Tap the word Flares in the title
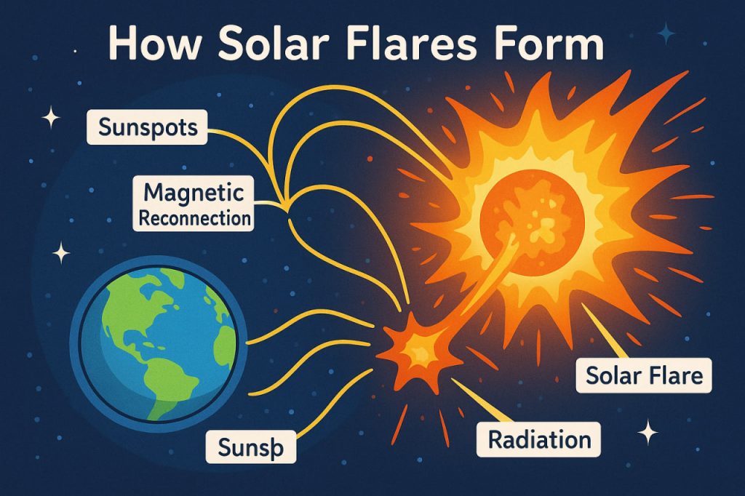coord(411,45)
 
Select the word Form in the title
coord(547,45)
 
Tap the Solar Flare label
coord(645,377)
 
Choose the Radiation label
coord(539,439)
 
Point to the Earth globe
coord(156,342)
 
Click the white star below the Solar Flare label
coord(646,433)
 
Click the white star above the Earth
coord(62,252)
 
